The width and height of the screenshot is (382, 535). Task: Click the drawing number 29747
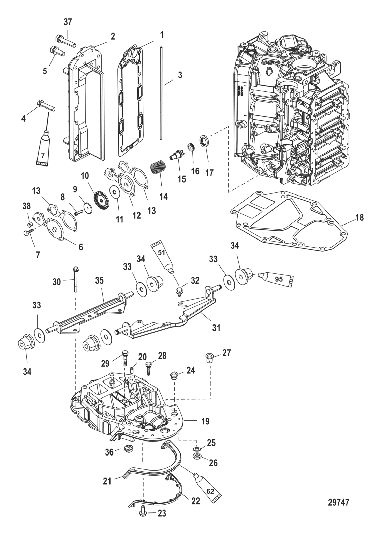coord(338,502)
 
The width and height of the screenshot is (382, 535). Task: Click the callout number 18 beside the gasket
coord(359,217)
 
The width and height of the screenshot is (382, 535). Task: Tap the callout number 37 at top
coord(68,22)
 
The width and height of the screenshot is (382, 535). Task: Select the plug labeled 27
coord(209,358)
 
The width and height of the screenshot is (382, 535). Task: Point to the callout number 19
coord(205,421)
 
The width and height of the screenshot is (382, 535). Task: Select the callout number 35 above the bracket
coord(99,280)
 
